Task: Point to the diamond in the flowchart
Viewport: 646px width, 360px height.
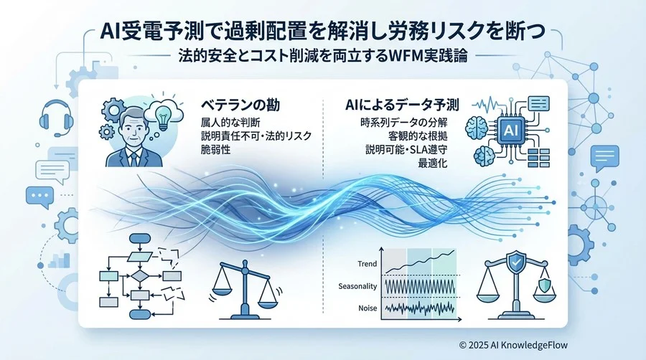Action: coord(141,275)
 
